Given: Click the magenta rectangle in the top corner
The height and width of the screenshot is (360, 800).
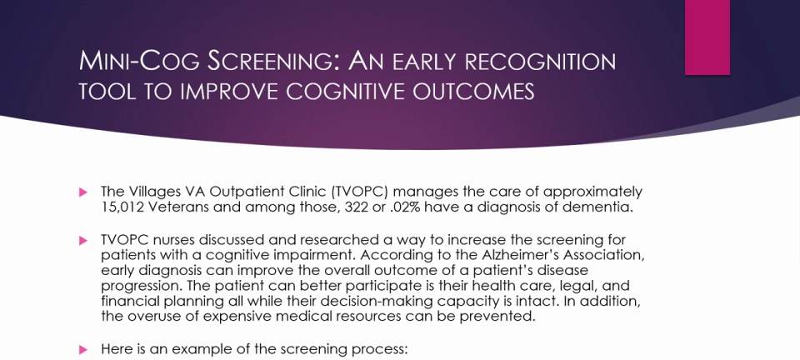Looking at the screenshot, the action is tap(707, 37).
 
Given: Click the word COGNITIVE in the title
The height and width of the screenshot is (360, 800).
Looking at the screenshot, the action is tap(345, 92).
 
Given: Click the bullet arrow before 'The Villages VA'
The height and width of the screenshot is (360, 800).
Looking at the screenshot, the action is tap(83, 192).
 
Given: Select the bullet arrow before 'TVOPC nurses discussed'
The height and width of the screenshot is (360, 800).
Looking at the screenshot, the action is tap(83, 241).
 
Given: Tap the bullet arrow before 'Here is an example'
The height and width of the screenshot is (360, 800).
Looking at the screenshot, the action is tap(83, 350).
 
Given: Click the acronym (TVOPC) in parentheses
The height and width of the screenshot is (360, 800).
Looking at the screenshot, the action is tap(360, 192).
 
